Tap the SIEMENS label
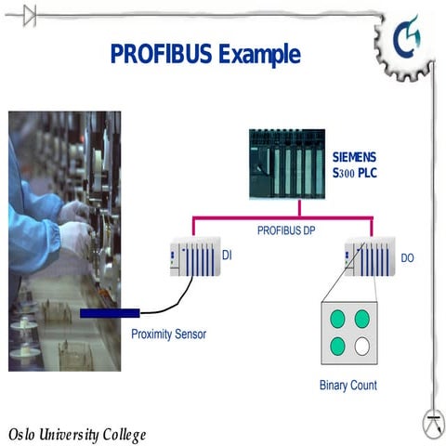[357, 156]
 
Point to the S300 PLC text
[356, 172]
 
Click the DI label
[226, 254]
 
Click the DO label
[408, 256]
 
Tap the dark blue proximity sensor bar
[110, 313]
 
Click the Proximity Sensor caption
[168, 333]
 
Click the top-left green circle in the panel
[335, 319]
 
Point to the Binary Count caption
[348, 385]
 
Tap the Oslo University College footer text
[76, 434]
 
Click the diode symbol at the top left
[30, 13]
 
